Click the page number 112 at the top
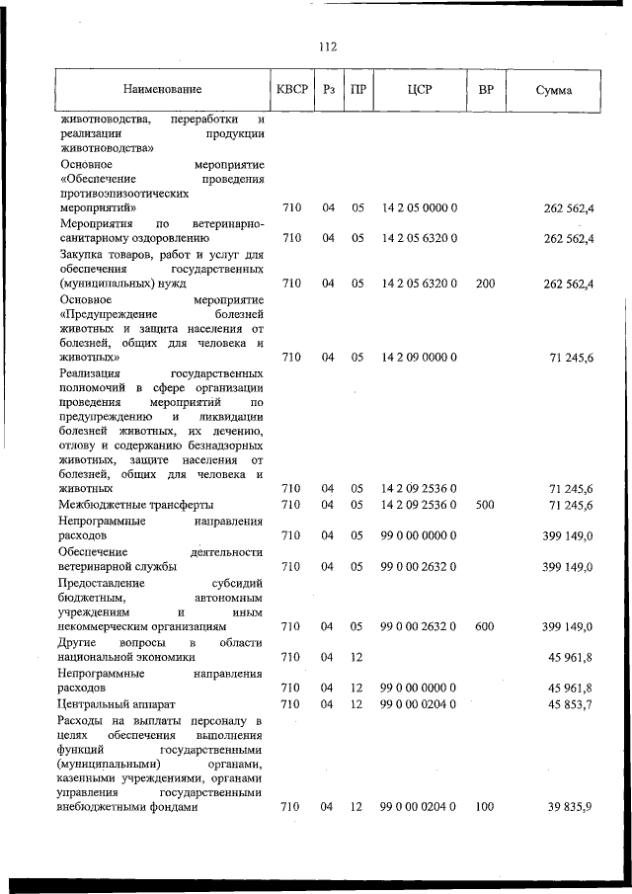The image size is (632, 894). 328,46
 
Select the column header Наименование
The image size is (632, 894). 162,90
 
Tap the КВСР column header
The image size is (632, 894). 293,90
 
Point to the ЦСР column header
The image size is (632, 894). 419,90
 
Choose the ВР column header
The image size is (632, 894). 486,90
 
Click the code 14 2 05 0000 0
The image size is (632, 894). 419,208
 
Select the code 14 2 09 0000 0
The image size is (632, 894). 419,358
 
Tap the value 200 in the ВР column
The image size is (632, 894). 485,284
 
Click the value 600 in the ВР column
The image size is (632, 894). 485,626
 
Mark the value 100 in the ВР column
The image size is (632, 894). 485,807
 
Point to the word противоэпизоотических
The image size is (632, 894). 123,195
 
